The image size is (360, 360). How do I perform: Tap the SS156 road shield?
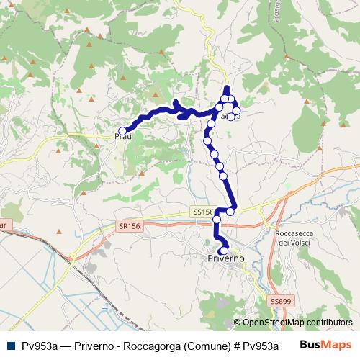[203, 212]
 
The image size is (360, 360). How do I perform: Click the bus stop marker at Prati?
[122, 131]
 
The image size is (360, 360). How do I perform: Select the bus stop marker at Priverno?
[225, 250]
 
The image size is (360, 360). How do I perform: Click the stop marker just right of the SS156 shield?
[230, 211]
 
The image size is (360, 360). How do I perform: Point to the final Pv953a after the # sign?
[261, 346]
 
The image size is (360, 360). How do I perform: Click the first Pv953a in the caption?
[40, 346]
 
